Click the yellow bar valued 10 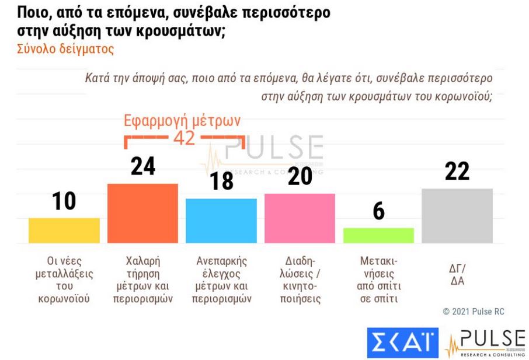pos(64,230)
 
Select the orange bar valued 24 pos(142,213)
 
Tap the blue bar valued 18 pos(221,221)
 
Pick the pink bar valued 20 pos(300,218)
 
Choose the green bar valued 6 pos(378,235)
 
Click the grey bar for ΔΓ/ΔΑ pos(457,215)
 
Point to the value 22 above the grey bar pos(457,172)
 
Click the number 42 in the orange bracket pos(184,139)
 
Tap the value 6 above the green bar pos(378,211)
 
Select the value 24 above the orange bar pos(142,166)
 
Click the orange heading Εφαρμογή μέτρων pos(182,121)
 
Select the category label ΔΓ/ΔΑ pos(457,274)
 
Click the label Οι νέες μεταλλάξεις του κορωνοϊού pos(64,279)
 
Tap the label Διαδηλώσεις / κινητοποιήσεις pos(300,279)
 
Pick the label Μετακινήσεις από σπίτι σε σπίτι pos(378,279)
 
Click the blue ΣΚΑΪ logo pos(402,342)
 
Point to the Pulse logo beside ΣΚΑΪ pos(484,343)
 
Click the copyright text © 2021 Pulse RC pos(472,312)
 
